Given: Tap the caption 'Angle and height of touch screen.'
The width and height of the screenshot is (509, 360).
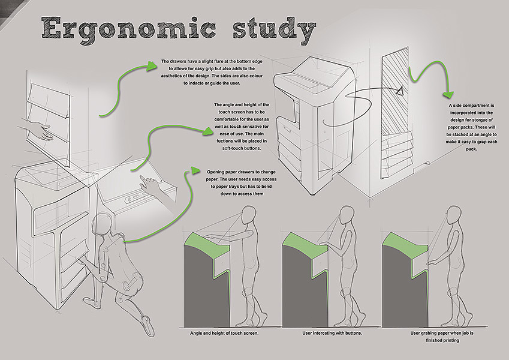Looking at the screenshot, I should (224, 332).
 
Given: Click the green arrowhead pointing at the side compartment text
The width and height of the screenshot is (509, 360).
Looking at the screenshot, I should (447, 94).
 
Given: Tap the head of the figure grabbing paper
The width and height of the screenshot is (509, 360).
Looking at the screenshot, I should (452, 214).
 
